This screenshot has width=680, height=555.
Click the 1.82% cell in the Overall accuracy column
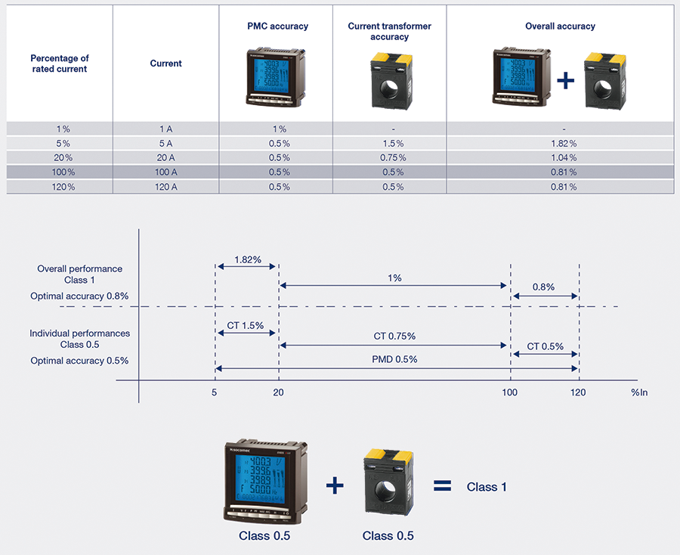point(563,143)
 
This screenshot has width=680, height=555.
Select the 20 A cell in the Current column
point(165,157)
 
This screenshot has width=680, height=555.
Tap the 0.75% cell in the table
point(390,157)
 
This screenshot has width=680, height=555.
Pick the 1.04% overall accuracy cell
point(563,157)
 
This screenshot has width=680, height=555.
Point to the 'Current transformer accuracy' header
point(390,31)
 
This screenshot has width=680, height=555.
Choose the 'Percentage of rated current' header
point(59,64)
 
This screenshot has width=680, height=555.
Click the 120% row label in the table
point(59,186)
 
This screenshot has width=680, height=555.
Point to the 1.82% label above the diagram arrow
point(248,259)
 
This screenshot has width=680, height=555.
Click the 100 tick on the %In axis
point(511,392)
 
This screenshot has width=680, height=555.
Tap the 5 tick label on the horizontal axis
point(215,392)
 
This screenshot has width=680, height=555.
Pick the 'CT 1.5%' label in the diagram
point(246,325)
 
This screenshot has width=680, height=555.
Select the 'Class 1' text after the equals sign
point(487,487)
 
